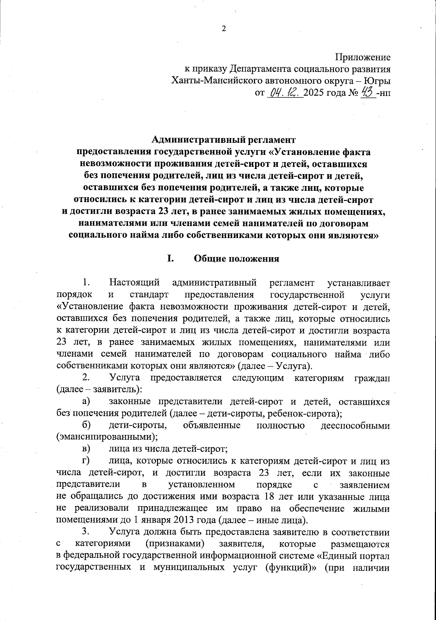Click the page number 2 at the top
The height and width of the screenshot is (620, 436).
pyautogui.click(x=224, y=29)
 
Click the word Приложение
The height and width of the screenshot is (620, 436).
pyautogui.click(x=363, y=57)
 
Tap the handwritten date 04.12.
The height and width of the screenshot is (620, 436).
pyautogui.click(x=284, y=93)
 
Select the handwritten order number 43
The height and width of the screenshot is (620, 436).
pyautogui.click(x=367, y=92)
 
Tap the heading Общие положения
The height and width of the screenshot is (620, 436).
pyautogui.click(x=237, y=259)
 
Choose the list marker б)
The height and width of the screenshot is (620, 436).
pyautogui.click(x=86, y=425)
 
